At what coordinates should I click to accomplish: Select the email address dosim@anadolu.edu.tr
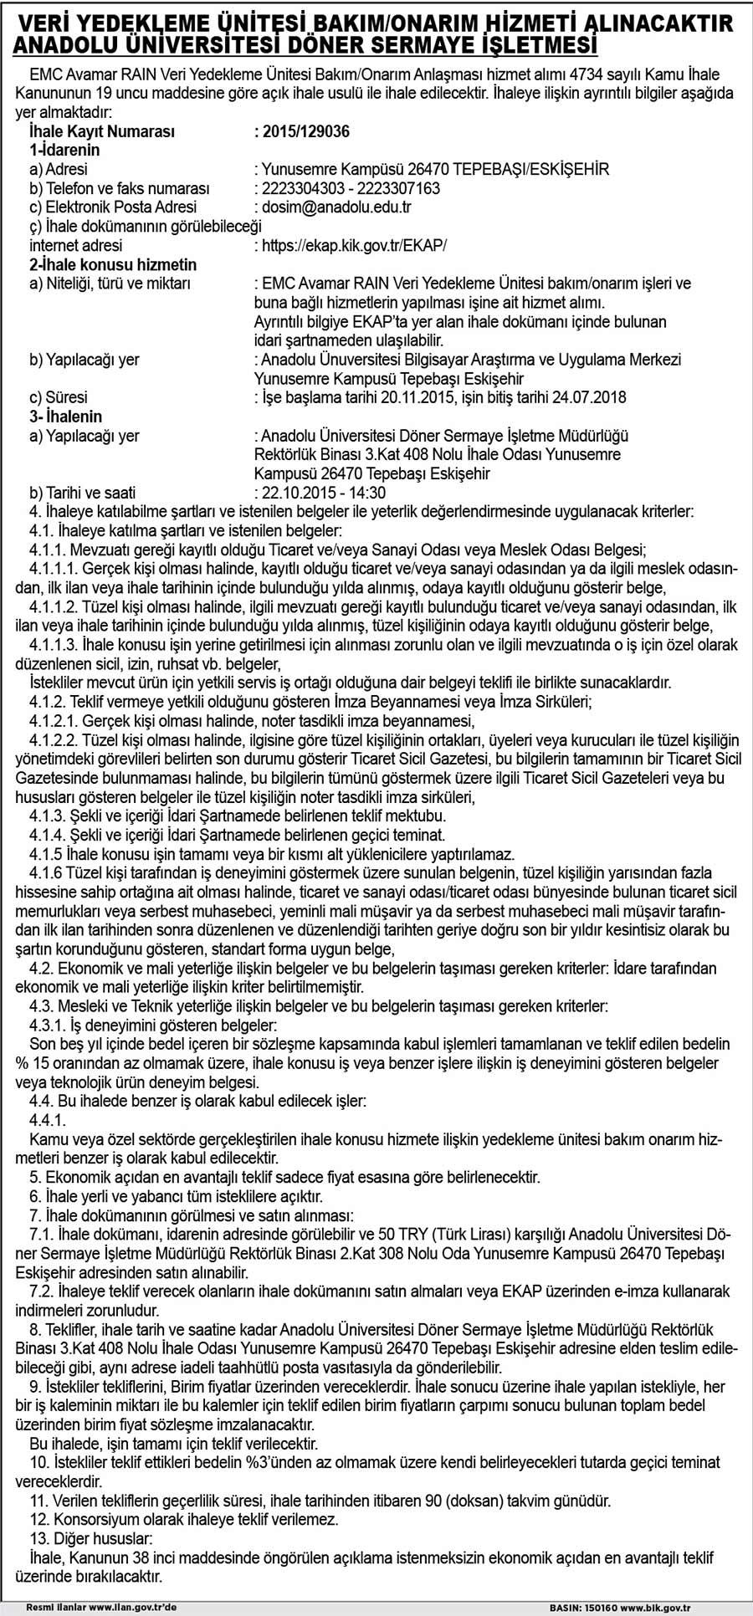click(x=336, y=207)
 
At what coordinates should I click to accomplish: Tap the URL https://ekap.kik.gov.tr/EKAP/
click(x=355, y=245)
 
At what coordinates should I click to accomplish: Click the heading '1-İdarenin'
click(x=64, y=150)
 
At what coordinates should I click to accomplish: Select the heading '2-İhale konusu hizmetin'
click(x=113, y=264)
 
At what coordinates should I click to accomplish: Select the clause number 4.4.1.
click(x=47, y=1120)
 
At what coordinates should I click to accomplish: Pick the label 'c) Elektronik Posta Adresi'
click(x=113, y=207)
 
